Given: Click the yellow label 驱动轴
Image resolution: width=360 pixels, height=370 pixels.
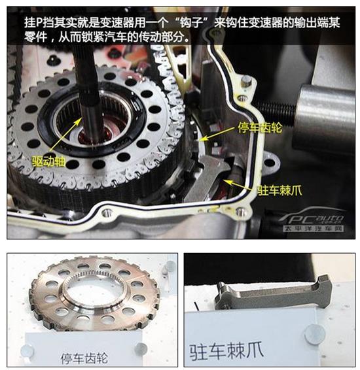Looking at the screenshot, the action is (x=48, y=161).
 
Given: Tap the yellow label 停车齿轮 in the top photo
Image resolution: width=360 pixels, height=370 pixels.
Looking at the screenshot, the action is (x=260, y=127).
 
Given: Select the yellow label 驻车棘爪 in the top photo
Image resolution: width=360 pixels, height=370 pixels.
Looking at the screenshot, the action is (x=279, y=190).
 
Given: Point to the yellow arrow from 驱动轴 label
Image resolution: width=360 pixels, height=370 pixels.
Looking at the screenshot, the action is (x=65, y=134).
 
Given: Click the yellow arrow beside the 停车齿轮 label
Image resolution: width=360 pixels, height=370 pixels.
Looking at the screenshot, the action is (x=219, y=134).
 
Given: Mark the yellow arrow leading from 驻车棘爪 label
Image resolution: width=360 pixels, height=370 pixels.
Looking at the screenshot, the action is (x=240, y=185).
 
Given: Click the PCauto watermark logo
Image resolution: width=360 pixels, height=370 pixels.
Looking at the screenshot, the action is (x=312, y=220).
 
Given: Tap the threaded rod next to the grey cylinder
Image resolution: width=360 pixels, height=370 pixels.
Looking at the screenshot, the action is (x=276, y=111).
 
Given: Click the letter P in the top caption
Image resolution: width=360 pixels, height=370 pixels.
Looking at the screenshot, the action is (x=39, y=23).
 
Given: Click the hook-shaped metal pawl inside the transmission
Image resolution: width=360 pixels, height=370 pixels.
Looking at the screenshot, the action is (x=208, y=175).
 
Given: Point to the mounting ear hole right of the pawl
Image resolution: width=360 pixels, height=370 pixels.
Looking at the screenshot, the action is (x=270, y=163).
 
